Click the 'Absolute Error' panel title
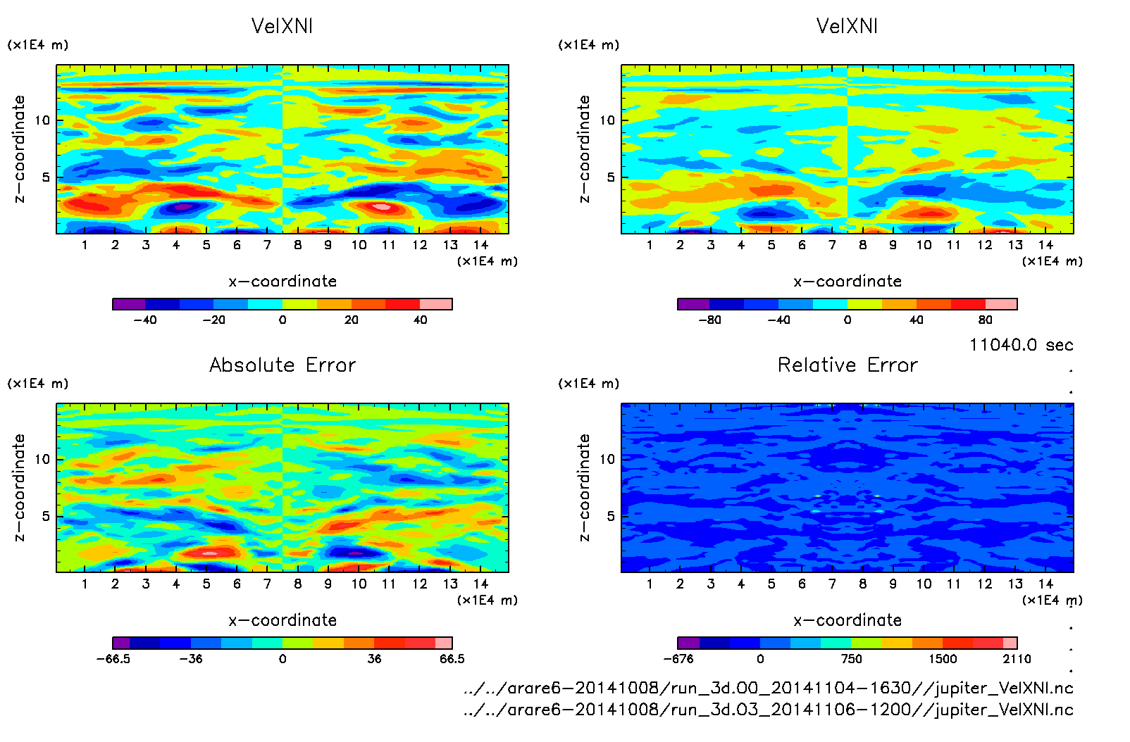click(x=282, y=365)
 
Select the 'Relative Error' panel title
click(x=847, y=365)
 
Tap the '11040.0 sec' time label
click(x=1021, y=345)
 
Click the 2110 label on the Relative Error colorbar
click(x=1017, y=659)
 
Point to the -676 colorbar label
click(x=678, y=659)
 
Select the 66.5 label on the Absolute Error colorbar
click(x=452, y=659)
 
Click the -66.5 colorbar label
click(x=113, y=659)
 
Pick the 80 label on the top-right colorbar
click(x=985, y=320)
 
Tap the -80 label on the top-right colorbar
click(x=709, y=320)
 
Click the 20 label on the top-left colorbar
click(x=351, y=320)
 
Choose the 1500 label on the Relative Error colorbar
click(x=943, y=659)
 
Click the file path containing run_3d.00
click(x=769, y=688)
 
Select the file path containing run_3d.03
click(x=769, y=710)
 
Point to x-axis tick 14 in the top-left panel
click(x=480, y=245)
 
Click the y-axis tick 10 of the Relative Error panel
click(x=607, y=459)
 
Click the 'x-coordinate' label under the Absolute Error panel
click(x=282, y=620)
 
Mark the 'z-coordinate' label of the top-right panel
click(x=584, y=149)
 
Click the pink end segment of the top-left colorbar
click(x=436, y=304)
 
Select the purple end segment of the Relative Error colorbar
click(x=688, y=643)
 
